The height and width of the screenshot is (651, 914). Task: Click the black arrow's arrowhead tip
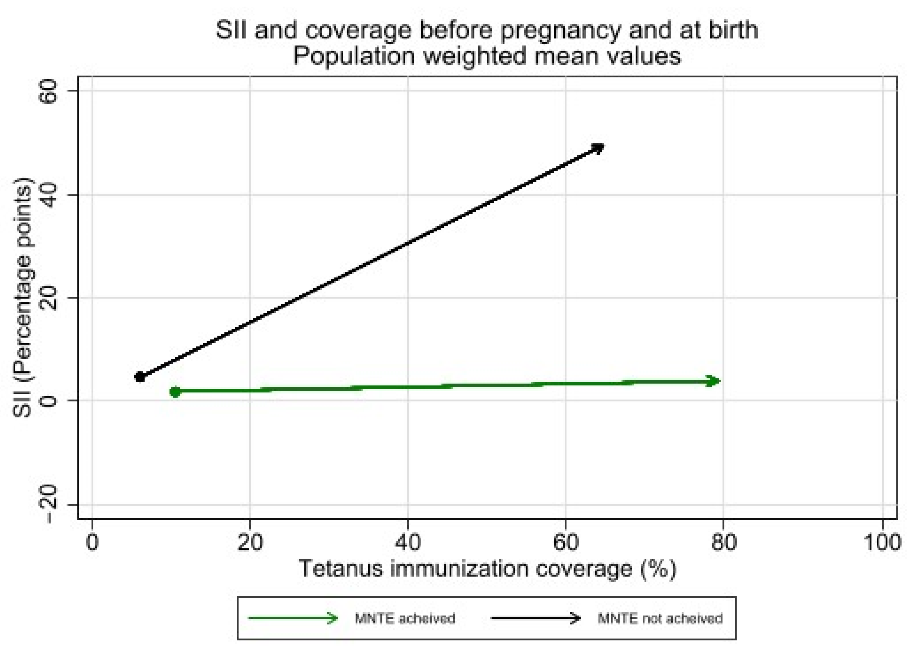coord(603,146)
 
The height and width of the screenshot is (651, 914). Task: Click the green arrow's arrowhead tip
coord(719,381)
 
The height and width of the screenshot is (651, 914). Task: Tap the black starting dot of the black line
coord(139,377)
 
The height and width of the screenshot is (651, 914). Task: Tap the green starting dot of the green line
coord(175,392)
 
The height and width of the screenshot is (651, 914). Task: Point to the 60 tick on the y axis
coord(48,91)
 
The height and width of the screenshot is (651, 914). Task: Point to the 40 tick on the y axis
coord(48,195)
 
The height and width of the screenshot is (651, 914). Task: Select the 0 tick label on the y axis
coord(48,401)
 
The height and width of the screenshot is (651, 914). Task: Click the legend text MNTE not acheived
coord(660,618)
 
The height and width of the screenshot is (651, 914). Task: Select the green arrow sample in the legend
coord(293,618)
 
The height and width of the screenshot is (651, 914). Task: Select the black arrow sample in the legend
coord(536,618)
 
